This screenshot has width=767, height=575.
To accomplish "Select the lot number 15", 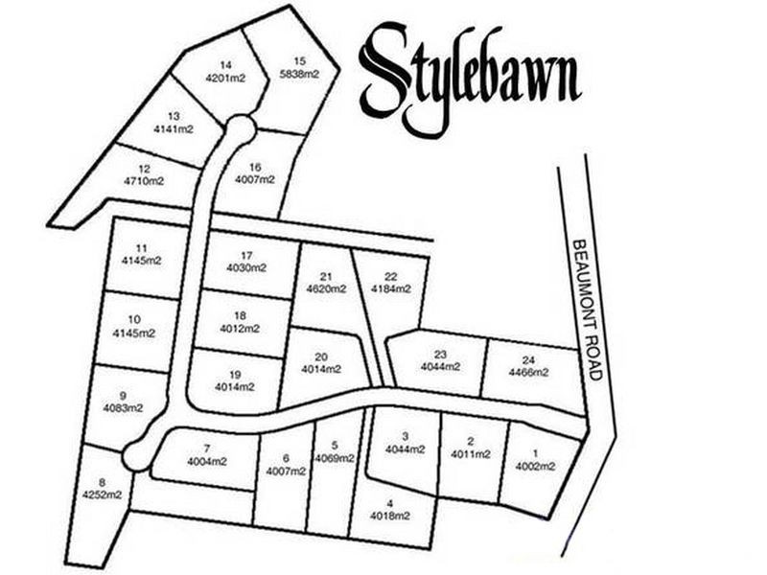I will click(x=300, y=59).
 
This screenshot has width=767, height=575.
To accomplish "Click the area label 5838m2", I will click(x=300, y=73).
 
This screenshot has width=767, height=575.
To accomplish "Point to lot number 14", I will click(x=226, y=65).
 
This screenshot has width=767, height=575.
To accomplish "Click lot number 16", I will click(x=255, y=167).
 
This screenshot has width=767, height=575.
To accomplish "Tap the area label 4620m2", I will click(x=326, y=287).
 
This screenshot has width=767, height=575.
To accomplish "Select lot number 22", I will click(x=391, y=276).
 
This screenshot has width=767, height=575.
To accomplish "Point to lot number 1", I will click(x=536, y=453).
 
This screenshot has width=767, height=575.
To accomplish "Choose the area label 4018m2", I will click(x=390, y=516).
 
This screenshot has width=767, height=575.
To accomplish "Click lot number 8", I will click(x=102, y=483).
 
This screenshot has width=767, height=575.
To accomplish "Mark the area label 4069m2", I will click(x=334, y=458).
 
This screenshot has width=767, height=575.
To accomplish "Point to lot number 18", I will click(x=240, y=315).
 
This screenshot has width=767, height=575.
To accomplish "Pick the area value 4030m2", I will click(x=246, y=268).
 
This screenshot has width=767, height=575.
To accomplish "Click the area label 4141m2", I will click(x=174, y=127).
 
